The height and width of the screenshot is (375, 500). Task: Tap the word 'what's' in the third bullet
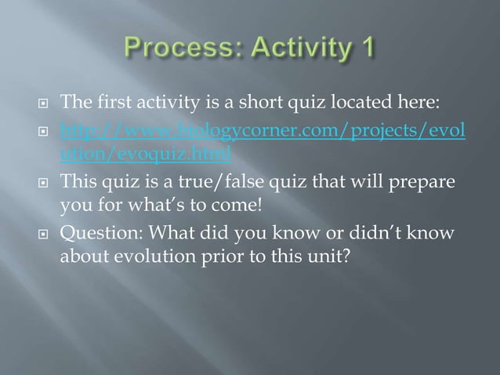pos(156,206)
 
